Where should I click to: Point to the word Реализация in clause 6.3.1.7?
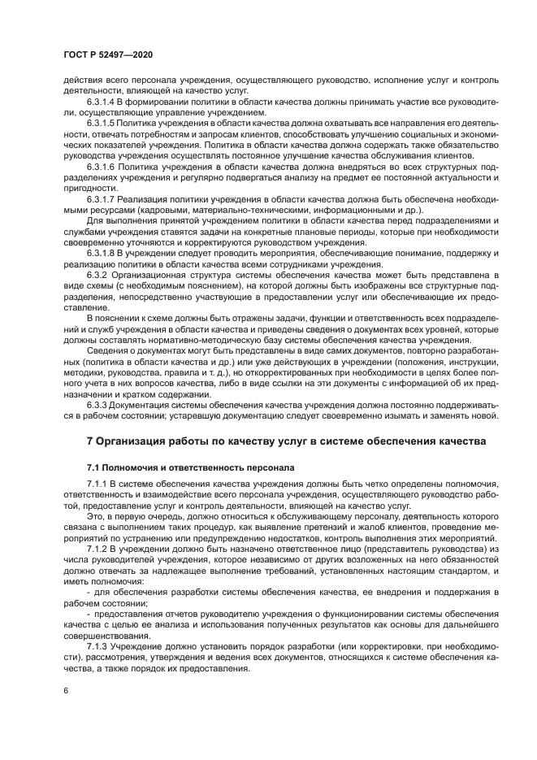[x=149, y=198]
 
